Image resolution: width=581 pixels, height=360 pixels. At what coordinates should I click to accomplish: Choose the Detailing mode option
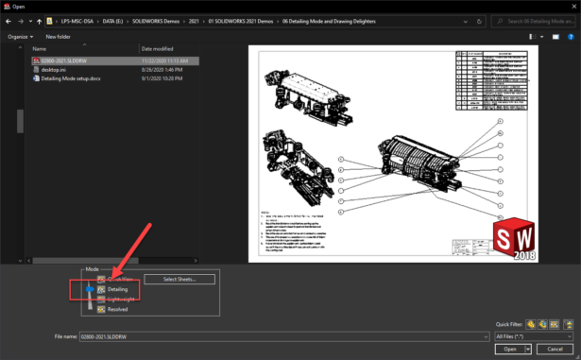click(117, 289)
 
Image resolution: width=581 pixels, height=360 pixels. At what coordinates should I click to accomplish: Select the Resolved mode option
click(117, 308)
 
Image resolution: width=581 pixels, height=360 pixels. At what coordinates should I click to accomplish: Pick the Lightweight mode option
click(122, 299)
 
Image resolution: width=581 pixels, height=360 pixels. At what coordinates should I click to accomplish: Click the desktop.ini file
click(54, 69)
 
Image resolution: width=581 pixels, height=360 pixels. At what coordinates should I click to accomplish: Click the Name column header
click(39, 47)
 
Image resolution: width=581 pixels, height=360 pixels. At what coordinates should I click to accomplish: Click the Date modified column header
click(157, 47)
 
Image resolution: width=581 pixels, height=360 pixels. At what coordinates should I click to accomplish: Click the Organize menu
click(19, 36)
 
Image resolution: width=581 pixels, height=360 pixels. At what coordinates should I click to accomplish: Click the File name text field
click(283, 335)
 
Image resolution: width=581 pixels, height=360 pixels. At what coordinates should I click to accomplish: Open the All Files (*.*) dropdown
click(534, 335)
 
